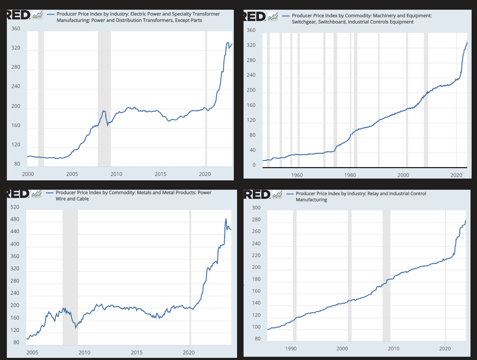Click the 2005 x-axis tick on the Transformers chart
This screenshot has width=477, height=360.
72,174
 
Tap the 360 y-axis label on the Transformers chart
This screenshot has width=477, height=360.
16,29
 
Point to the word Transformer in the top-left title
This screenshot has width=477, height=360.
206,14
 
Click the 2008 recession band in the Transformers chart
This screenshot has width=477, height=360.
104,99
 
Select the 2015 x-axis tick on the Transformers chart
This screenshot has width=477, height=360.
160,174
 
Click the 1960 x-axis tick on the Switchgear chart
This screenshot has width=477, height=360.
297,175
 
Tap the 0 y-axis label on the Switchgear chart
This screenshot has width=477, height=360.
254,165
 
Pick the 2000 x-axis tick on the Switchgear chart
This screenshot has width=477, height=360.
403,175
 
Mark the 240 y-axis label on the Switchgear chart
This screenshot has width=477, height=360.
251,75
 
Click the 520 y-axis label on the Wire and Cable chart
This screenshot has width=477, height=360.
15,207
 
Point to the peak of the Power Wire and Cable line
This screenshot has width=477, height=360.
226,219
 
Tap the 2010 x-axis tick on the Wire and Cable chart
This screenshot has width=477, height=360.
84,353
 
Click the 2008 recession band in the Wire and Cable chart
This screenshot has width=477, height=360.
70,277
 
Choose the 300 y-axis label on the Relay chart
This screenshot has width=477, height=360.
256,208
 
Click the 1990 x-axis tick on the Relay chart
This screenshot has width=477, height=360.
291,349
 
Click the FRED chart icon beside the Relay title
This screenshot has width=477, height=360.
277,195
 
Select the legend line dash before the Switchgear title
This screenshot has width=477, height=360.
286,16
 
